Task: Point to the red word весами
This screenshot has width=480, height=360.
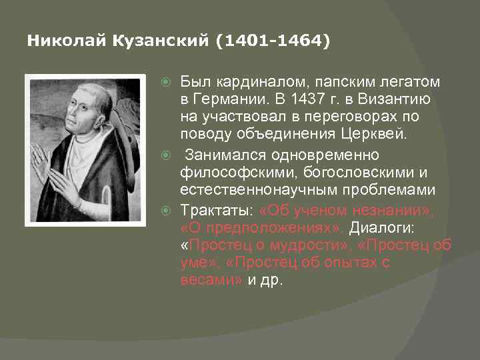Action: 209,280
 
